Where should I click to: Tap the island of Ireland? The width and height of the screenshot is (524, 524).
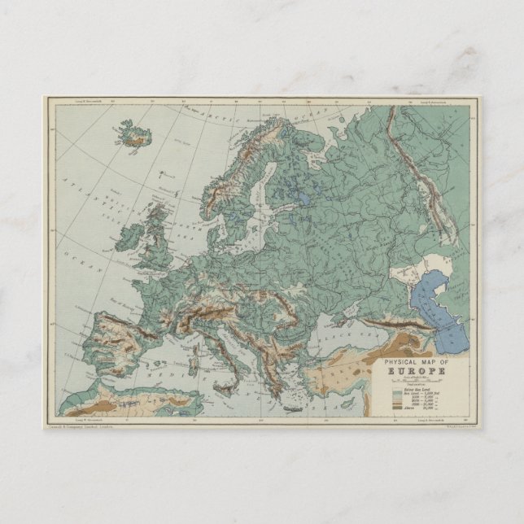pyautogui.click(x=130, y=235)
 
